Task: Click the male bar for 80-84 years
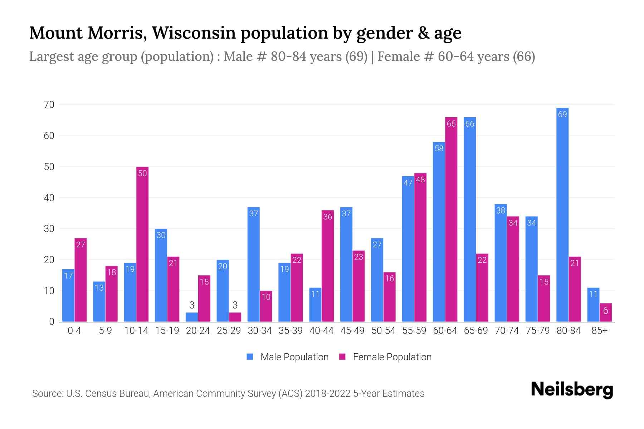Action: click(x=562, y=214)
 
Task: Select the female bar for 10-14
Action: click(x=142, y=245)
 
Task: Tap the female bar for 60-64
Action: click(x=451, y=220)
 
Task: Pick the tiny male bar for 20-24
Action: click(x=192, y=317)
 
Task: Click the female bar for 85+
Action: click(x=606, y=312)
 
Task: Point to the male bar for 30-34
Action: click(x=254, y=265)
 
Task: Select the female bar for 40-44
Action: click(x=328, y=266)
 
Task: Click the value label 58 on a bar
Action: click(x=439, y=148)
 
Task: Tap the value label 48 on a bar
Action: click(x=420, y=179)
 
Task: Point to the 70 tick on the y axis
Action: click(x=49, y=105)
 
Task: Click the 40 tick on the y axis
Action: click(x=49, y=198)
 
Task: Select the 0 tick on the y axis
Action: click(x=52, y=322)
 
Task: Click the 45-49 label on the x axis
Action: click(x=352, y=331)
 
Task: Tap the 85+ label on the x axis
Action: click(x=599, y=331)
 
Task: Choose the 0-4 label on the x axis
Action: click(x=74, y=331)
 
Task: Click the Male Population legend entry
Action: click(x=288, y=357)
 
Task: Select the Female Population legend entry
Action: click(x=386, y=357)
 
